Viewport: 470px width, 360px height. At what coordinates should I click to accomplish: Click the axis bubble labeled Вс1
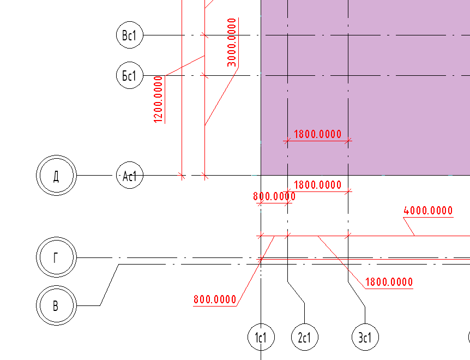coord(130,35)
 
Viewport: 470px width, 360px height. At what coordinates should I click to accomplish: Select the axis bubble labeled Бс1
coord(130,75)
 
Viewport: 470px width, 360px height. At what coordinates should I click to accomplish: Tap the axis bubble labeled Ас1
coord(130,176)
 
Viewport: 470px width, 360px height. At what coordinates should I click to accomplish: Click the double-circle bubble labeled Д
coord(56,176)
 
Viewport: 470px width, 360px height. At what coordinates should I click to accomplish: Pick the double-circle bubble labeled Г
coord(56,257)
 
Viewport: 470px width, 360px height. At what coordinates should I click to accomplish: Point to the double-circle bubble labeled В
coord(56,305)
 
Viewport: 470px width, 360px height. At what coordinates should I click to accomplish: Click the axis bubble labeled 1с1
coord(261,337)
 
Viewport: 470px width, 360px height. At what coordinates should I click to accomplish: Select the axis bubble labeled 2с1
coord(305,337)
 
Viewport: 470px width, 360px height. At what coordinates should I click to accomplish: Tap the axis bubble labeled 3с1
coord(365,337)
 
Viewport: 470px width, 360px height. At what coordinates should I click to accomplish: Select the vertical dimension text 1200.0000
coord(159,100)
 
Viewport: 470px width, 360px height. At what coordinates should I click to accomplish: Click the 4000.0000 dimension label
coord(428,211)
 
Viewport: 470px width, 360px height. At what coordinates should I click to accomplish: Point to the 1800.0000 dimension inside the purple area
coord(317,134)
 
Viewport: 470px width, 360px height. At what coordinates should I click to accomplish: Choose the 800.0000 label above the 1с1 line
coord(274,196)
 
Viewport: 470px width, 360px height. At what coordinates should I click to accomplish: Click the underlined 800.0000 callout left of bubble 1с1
coord(215,299)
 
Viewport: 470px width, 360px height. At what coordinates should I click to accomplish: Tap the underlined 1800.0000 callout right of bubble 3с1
coord(389,282)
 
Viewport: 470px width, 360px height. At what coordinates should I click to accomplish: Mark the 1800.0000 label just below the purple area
coord(317,184)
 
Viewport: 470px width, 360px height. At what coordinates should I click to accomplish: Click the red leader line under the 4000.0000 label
coord(409,226)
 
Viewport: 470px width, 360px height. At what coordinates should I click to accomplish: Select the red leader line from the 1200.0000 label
coord(185,65)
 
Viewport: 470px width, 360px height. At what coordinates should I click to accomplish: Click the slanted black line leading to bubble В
coord(110,285)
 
